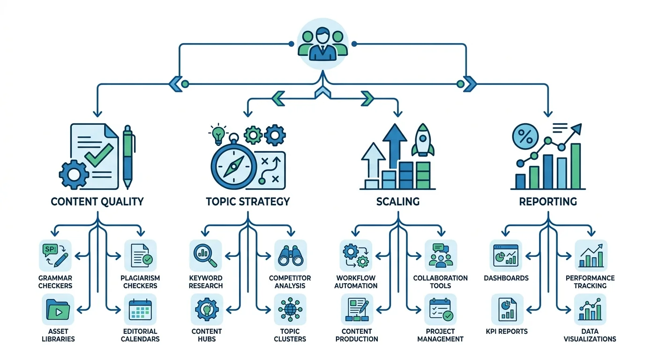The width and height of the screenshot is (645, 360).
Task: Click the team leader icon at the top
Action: tap(322, 44)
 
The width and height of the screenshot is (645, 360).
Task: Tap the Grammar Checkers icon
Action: tap(55, 255)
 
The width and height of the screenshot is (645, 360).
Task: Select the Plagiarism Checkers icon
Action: tap(141, 255)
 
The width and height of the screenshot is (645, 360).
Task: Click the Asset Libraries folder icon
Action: tap(58, 309)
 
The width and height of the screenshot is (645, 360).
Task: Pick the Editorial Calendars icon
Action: tap(141, 309)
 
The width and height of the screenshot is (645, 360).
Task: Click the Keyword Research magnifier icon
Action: tap(206, 255)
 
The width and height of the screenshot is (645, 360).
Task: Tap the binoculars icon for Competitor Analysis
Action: tap(290, 255)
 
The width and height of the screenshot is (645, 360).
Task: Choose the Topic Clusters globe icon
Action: tap(290, 309)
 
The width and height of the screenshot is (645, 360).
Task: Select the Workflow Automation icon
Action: tap(356, 255)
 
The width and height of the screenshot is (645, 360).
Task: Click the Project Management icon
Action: tap(441, 309)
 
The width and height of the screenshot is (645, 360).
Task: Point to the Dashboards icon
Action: tap(506, 255)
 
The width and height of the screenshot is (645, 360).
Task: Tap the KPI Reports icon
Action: tap(507, 309)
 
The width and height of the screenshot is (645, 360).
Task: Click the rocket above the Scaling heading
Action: tap(423, 140)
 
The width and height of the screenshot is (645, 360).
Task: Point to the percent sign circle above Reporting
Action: tap(525, 136)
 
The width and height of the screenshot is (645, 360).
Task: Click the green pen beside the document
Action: tap(127, 157)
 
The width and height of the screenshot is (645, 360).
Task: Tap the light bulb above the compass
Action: tap(218, 135)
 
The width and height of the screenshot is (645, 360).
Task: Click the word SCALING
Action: tap(398, 201)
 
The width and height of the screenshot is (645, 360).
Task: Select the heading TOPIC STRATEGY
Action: tap(248, 201)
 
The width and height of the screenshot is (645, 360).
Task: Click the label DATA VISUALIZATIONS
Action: tap(590, 335)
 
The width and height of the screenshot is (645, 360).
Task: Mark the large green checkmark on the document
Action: tap(99, 155)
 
